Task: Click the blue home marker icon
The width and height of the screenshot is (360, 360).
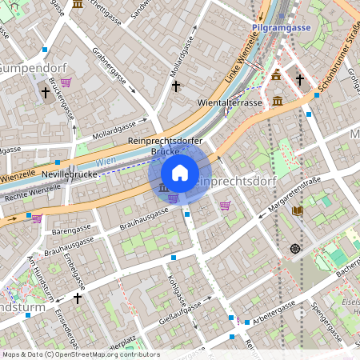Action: (180, 173)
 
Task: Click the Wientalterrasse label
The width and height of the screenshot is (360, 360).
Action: (230, 103)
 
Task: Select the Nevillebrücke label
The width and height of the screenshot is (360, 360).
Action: (70, 173)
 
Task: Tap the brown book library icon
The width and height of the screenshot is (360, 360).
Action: (298, 210)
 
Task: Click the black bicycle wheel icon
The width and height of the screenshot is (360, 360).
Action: (296, 249)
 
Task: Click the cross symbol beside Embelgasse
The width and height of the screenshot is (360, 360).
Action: (78, 298)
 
